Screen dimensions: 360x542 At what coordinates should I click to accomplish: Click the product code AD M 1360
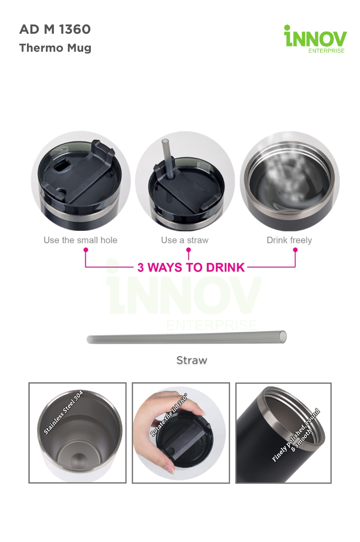click(55, 29)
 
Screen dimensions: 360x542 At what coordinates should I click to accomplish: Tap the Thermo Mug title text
click(55, 48)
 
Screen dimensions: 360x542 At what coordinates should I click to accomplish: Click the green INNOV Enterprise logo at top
click(315, 39)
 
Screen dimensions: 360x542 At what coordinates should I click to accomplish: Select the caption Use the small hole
click(81, 240)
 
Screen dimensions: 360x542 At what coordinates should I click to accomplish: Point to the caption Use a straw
click(184, 240)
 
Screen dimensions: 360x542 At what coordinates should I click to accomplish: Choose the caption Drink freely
click(289, 240)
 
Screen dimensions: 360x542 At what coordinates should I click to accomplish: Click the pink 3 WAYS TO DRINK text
click(191, 267)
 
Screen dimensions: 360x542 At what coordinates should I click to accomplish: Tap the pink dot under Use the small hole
click(85, 250)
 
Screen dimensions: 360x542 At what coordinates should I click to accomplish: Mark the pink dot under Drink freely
click(295, 250)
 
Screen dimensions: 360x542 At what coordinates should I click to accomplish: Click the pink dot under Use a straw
click(189, 250)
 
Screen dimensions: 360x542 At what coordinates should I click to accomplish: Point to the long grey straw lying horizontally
click(186, 337)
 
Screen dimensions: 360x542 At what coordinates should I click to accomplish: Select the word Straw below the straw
click(192, 360)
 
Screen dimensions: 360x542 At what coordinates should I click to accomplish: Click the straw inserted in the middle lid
click(168, 158)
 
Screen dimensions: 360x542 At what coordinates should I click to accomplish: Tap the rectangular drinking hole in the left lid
click(62, 165)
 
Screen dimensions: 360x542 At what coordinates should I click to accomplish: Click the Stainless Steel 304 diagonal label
click(63, 412)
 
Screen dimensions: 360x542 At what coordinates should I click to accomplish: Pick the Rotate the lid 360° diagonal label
click(168, 415)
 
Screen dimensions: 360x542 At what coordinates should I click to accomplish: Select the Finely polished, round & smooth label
click(296, 435)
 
